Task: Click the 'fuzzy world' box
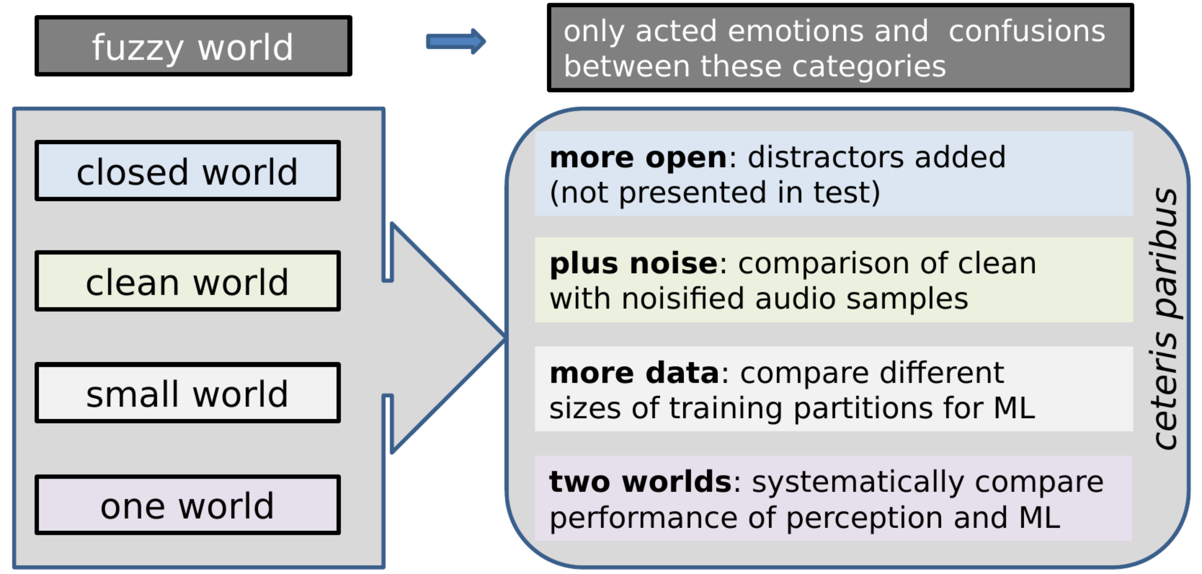(193, 46)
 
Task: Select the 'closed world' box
(188, 170)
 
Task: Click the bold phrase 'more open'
(638, 157)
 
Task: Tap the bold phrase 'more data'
(634, 373)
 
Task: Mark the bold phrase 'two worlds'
(640, 482)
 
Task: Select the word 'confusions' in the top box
(1027, 31)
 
